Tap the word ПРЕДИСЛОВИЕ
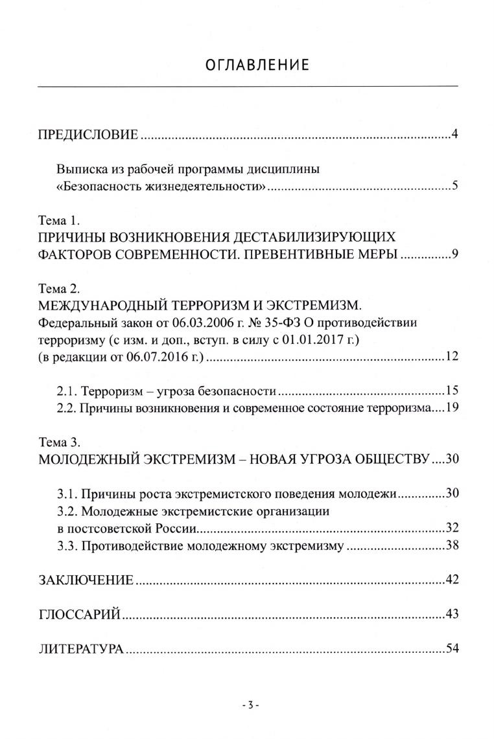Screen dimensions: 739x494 pos(88,135)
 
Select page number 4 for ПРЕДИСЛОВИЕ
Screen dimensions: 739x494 pos(455,135)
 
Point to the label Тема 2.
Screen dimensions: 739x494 pos(58,288)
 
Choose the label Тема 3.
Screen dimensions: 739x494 pos(58,443)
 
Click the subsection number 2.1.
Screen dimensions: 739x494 pos(66,391)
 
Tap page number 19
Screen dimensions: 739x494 pos(452,408)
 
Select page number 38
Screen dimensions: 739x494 pos(452,545)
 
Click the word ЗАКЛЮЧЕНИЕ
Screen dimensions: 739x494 pos(86,580)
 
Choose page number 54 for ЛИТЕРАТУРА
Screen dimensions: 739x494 pos(452,648)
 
